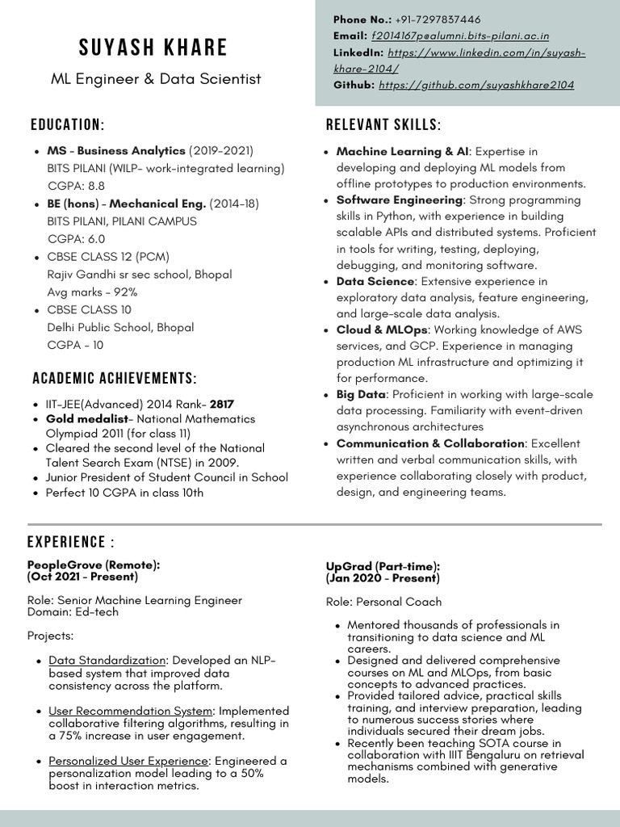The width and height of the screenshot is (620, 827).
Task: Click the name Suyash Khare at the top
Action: pos(153,48)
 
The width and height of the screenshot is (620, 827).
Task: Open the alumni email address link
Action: pos(460,36)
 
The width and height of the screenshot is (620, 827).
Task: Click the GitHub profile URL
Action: pos(476,85)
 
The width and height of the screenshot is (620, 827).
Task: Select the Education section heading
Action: pos(68,125)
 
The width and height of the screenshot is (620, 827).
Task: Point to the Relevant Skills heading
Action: pos(383,125)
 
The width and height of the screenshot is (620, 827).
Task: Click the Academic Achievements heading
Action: pos(114,379)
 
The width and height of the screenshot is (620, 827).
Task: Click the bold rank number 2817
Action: pos(224,403)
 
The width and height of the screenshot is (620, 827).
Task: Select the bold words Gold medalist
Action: pos(87,419)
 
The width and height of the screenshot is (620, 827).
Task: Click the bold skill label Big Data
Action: pos(361,395)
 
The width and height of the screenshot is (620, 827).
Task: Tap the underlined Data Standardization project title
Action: pos(107,661)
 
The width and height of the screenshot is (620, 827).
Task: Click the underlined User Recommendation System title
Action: pos(131,711)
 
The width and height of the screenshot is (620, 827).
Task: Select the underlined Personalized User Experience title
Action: pos(128,761)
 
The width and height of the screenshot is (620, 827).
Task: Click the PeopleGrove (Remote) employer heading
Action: pos(94,565)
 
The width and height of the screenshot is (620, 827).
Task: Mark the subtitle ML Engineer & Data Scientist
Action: pos(156,79)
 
